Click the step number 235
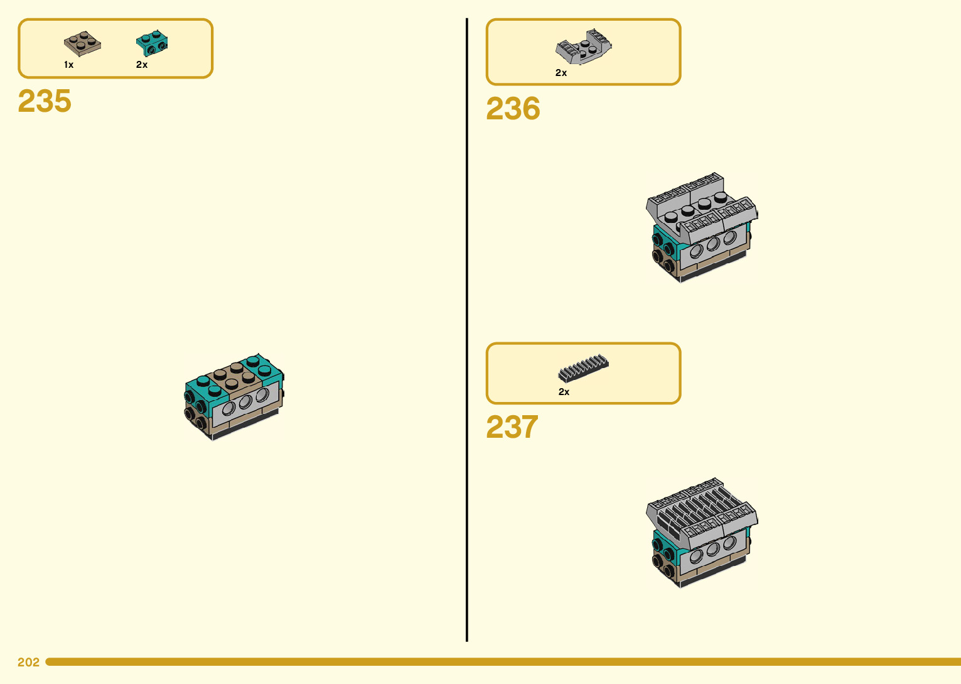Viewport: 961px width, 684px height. coord(45,101)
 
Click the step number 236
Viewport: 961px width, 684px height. coord(513,109)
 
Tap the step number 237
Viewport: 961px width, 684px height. coord(512,427)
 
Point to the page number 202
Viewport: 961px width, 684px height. coord(28,662)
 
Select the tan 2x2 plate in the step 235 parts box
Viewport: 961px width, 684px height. coord(82,44)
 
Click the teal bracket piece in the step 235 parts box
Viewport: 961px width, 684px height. coord(152,43)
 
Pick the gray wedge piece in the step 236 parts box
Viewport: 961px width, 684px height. coord(583,47)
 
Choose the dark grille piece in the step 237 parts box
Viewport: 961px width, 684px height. coord(583,368)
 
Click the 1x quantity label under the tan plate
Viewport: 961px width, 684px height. coord(68,65)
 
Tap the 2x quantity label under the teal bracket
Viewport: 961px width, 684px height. coord(142,65)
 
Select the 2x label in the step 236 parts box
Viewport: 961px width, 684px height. coord(561,73)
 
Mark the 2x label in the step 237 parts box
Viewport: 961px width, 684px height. coord(564,392)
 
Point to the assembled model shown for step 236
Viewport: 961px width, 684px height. coord(702,227)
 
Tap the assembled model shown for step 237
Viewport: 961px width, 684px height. coord(702,533)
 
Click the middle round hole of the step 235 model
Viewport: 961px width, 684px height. coord(245,402)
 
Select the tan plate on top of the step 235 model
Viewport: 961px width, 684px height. coord(234,376)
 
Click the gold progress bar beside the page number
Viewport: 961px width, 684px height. coord(502,662)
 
